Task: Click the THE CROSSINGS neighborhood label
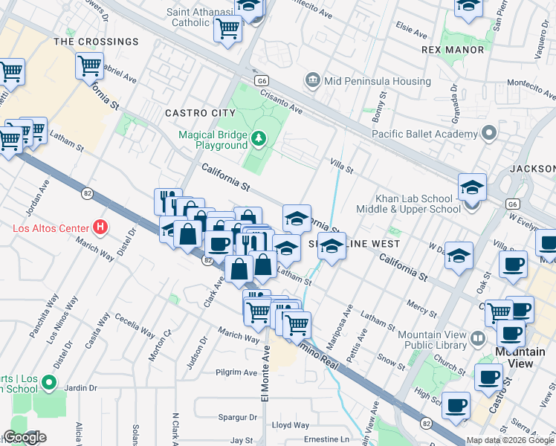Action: click(x=97, y=42)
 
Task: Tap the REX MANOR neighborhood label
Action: click(x=453, y=50)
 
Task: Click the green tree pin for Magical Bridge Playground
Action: click(x=258, y=138)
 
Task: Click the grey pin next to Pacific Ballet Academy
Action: click(x=489, y=134)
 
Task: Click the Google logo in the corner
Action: click(x=25, y=438)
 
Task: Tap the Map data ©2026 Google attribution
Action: click(x=510, y=440)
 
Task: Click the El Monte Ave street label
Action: click(x=265, y=376)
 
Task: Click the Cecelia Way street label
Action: click(x=134, y=324)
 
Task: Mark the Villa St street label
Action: click(x=341, y=164)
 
